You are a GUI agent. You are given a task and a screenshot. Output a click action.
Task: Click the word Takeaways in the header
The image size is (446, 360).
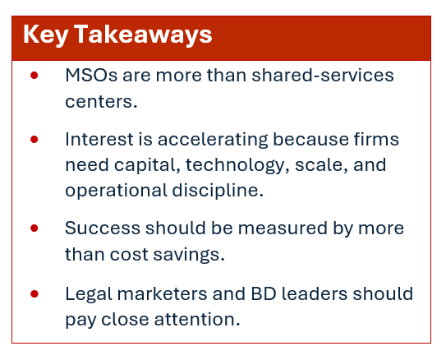click(143, 35)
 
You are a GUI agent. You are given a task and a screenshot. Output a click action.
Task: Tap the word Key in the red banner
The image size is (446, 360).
click(45, 35)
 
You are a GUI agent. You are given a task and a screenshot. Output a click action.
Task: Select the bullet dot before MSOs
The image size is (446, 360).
click(34, 76)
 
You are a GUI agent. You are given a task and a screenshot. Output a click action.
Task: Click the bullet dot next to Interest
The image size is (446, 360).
click(34, 140)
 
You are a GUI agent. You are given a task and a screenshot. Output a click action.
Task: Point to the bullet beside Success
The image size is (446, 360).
click(34, 228)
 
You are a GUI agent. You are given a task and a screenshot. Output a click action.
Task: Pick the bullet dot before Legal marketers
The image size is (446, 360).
click(34, 293)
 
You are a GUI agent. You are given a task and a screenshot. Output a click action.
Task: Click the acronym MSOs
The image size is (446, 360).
click(91, 76)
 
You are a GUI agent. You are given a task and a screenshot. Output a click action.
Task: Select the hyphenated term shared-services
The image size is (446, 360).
click(323, 75)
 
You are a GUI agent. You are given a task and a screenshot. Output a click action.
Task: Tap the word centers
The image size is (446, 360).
click(101, 102)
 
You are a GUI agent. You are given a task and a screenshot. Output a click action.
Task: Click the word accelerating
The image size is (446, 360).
click(213, 141)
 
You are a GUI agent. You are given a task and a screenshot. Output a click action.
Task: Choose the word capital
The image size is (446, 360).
click(147, 166)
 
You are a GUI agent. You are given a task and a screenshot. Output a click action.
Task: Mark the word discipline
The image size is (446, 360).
click(218, 191)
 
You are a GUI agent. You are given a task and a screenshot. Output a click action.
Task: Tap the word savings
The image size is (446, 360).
click(189, 255)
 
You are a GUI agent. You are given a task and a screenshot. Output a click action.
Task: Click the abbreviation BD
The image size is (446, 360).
click(264, 293)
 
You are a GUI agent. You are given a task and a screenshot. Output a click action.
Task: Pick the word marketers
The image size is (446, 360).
click(162, 293)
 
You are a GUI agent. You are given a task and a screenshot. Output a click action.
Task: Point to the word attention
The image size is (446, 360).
click(197, 320)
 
